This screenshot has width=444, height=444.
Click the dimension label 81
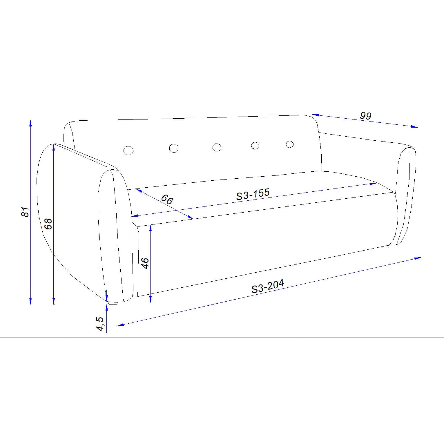pos(26,212)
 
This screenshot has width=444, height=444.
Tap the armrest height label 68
pos(48,224)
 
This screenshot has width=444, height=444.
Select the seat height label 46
pos(145,263)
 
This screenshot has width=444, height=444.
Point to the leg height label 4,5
pos(100,324)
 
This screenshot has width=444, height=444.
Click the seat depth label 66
pos(167,199)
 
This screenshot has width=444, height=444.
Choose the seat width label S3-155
pos(253,194)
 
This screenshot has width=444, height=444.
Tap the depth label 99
pos(366,116)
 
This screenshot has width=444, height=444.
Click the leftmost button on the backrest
pos(128,151)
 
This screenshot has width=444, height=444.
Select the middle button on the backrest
pos(217,147)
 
